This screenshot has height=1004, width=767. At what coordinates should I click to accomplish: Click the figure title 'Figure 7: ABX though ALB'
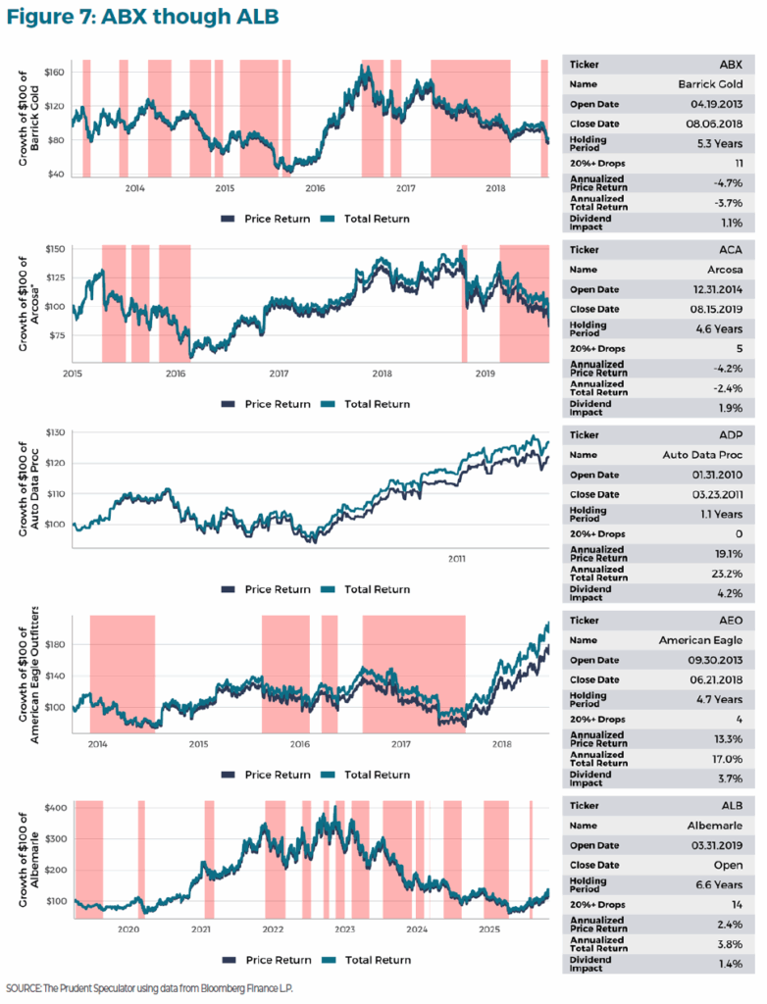tap(144, 17)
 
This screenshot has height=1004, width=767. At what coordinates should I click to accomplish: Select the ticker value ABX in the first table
tap(731, 65)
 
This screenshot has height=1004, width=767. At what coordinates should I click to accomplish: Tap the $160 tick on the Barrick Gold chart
tap(53, 73)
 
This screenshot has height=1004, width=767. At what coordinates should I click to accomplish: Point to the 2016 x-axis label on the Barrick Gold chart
tap(315, 186)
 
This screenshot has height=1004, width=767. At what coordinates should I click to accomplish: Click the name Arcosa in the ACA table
tap(725, 269)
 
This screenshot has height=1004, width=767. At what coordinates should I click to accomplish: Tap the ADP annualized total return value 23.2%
tap(726, 573)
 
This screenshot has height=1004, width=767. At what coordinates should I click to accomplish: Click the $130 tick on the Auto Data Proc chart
tap(53, 432)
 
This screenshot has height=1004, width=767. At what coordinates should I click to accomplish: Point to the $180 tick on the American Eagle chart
tap(53, 644)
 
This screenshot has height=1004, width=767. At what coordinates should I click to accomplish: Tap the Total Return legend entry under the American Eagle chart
tap(367, 775)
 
